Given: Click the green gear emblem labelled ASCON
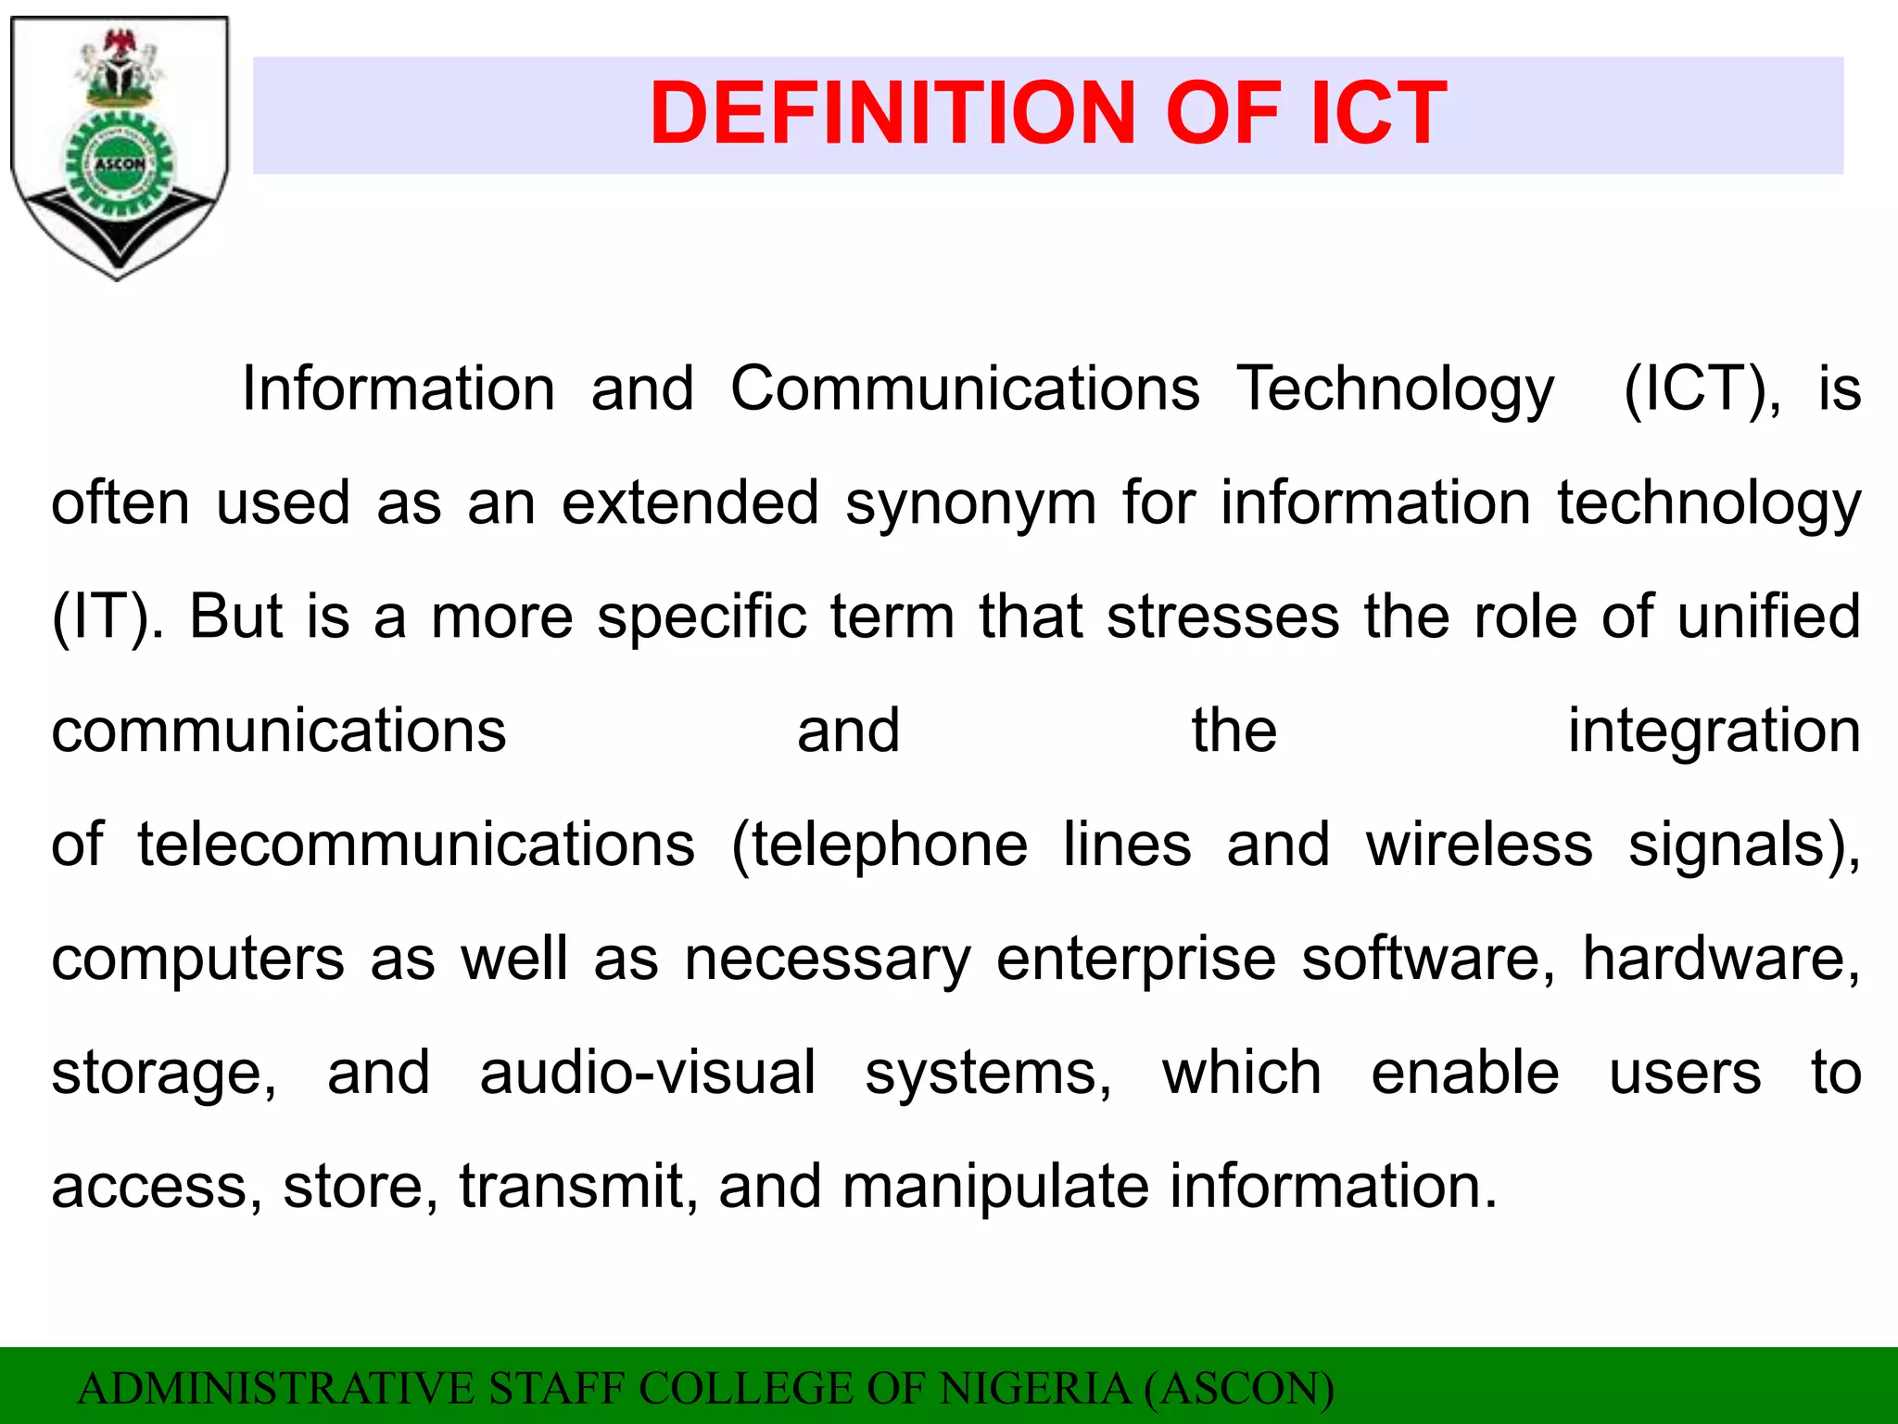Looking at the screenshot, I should (119, 165).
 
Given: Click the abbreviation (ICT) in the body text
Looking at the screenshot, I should (1702, 389).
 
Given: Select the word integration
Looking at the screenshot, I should (1714, 732).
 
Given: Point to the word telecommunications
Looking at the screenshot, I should (416, 845).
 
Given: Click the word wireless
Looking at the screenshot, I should (1479, 845).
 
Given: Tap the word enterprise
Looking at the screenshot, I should (1136, 960).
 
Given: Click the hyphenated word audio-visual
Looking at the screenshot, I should (648, 1074).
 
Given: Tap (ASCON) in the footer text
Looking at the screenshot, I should (1239, 1389).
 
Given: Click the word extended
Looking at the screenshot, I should (690, 503).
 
